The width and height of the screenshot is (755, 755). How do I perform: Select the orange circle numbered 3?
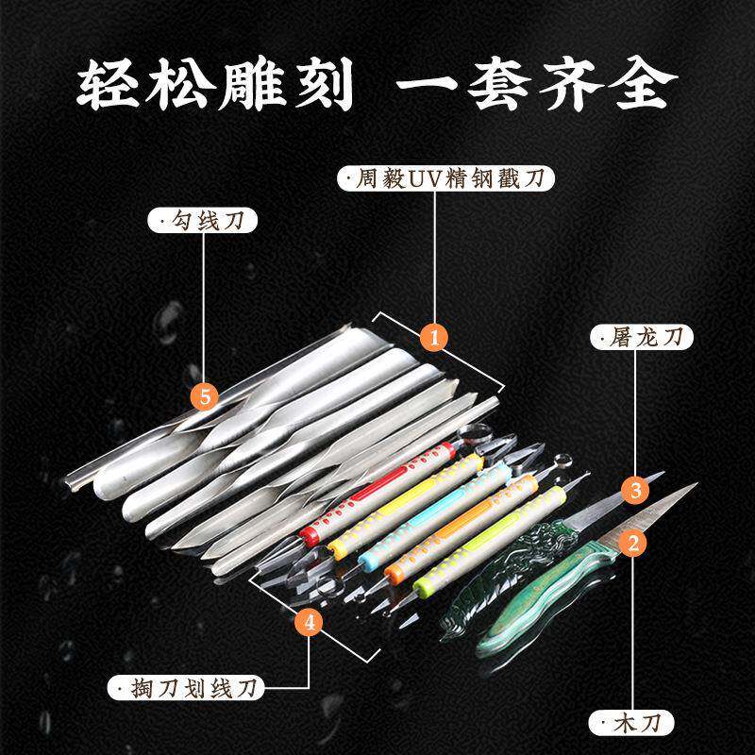636,490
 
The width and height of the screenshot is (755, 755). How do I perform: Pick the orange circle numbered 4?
310,622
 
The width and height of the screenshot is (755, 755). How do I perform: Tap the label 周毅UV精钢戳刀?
444,178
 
